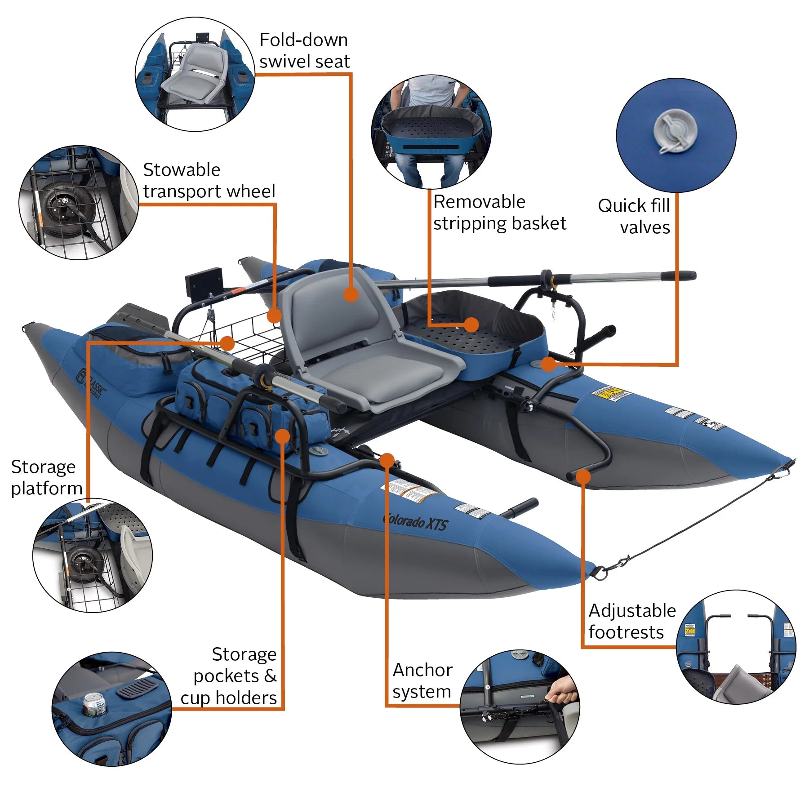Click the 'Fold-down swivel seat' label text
[x=304, y=51]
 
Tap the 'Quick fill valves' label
[x=635, y=216]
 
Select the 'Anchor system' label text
[x=422, y=680]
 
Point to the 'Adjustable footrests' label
[x=631, y=621]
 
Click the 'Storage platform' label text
[x=46, y=477]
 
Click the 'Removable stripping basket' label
[x=499, y=212]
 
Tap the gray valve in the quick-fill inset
[x=675, y=131]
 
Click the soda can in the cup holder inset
[x=95, y=704]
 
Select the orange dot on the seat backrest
[x=351, y=294]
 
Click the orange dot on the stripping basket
[x=471, y=324]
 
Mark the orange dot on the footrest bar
[x=583, y=476]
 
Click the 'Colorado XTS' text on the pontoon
[x=415, y=522]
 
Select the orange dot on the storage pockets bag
[x=282, y=436]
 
